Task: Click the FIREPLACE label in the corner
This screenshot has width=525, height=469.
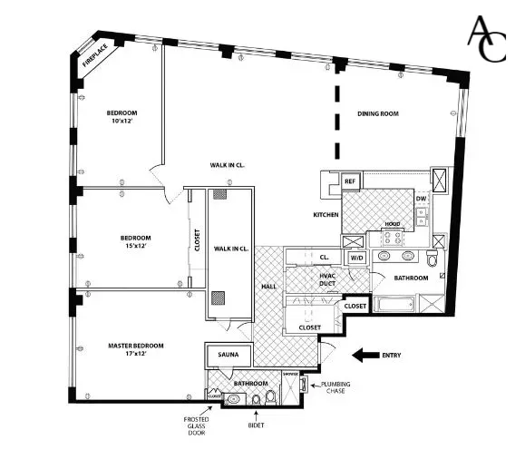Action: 94,54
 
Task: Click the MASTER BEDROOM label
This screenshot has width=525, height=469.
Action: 136,345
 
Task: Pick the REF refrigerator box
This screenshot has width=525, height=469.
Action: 350,181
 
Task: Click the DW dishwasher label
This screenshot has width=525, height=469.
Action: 421,199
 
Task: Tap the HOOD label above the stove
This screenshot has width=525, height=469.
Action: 392,223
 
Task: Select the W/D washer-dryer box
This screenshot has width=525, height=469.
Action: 356,258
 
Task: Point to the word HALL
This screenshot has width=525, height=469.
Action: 269,287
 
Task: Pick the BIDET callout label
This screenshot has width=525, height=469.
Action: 256,425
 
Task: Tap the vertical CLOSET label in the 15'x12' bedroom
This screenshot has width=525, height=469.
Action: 197,239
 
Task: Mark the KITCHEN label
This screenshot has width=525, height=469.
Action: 326,215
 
